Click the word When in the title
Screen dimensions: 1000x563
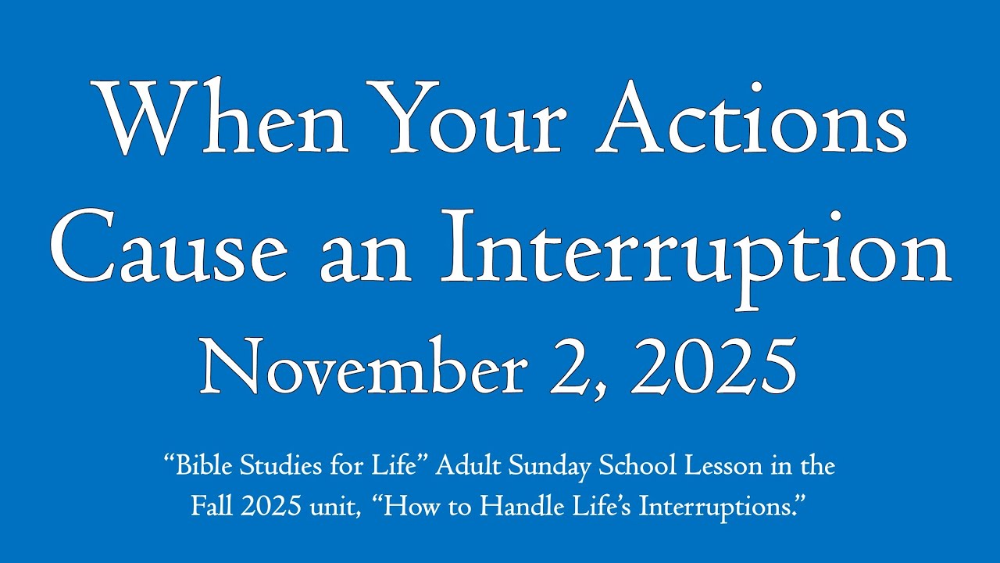[219, 117]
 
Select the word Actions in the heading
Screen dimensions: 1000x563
[752, 117]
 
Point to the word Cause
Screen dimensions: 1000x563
[168, 246]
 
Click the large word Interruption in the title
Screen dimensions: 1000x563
[695, 259]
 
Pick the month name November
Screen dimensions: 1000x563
[362, 367]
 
